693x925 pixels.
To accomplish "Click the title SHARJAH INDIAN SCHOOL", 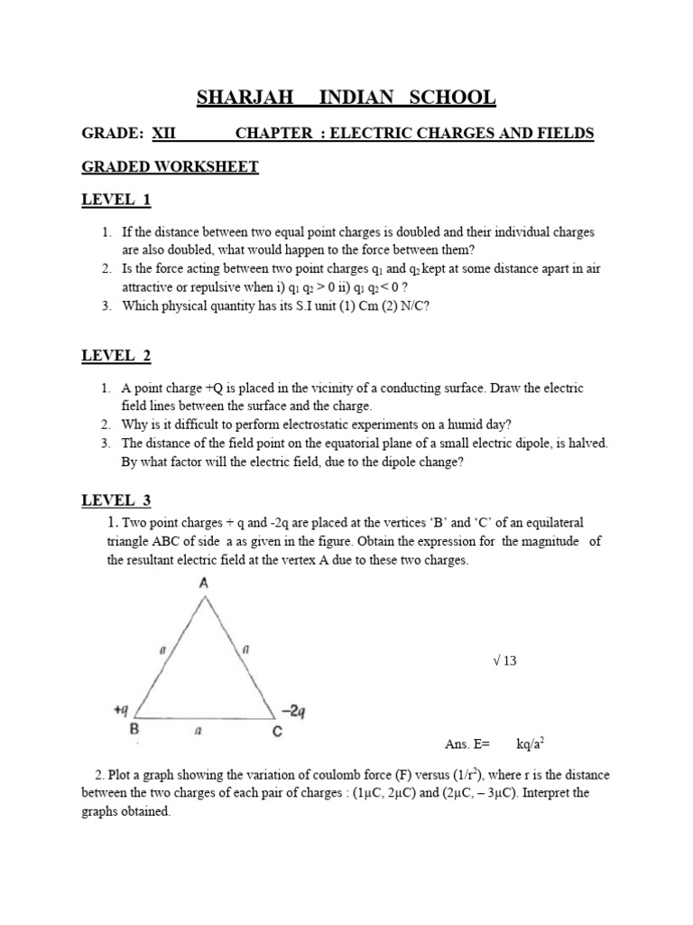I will (x=346, y=98).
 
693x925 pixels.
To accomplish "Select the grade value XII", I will (x=163, y=134).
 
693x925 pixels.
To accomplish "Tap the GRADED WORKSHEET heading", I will (x=171, y=167).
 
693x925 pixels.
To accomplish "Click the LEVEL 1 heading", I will (x=116, y=200).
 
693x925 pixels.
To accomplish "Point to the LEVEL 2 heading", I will (x=116, y=356).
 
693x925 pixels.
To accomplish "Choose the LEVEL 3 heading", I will (x=116, y=500).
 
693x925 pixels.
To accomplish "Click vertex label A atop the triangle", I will (x=204, y=584).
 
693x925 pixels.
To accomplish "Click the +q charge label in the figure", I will (x=123, y=711).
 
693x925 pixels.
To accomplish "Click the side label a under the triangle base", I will (x=205, y=731).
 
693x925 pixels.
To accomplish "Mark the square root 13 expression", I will (x=504, y=661).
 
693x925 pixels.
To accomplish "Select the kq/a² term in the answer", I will (x=529, y=743).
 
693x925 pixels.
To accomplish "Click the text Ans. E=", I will (x=467, y=744).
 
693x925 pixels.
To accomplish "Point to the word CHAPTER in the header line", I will (x=271, y=134).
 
